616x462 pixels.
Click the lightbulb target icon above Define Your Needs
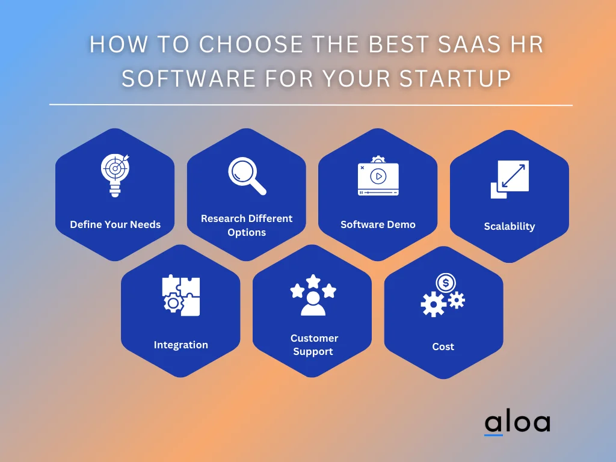pyautogui.click(x=115, y=175)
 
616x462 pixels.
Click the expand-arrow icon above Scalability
pyautogui.click(x=510, y=179)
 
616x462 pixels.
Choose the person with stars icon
pyautogui.click(x=313, y=295)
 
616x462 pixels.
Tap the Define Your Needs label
pyautogui.click(x=115, y=224)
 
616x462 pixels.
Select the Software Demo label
pyautogui.click(x=378, y=224)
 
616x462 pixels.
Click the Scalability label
pyautogui.click(x=510, y=226)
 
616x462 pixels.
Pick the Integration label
pyautogui.click(x=180, y=345)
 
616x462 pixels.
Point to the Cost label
pyautogui.click(x=443, y=346)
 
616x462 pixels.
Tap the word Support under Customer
pyautogui.click(x=313, y=351)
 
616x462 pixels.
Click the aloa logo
pyautogui.click(x=517, y=422)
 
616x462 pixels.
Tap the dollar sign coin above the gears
pyautogui.click(x=446, y=282)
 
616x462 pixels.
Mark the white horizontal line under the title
pyautogui.click(x=310, y=105)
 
